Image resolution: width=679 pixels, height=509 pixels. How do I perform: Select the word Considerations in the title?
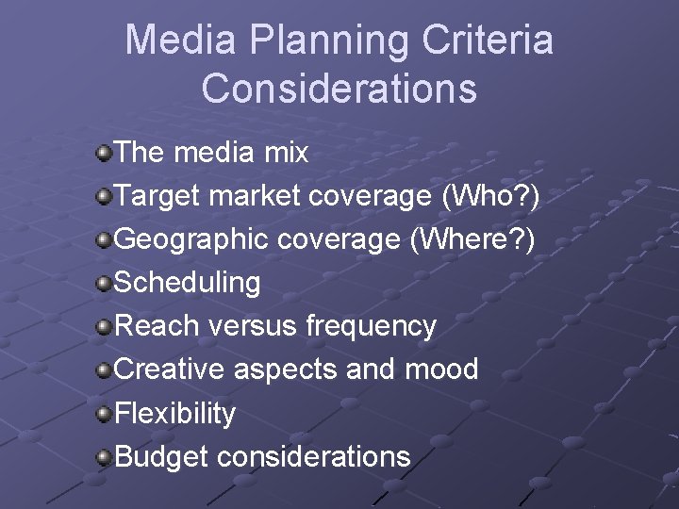click(x=339, y=89)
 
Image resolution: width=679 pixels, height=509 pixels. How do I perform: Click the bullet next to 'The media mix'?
click(x=104, y=152)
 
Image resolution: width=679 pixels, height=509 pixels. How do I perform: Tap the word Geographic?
click(x=191, y=239)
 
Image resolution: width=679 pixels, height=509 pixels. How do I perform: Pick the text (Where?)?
click(x=471, y=239)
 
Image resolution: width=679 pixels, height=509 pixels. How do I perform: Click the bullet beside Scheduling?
click(x=104, y=283)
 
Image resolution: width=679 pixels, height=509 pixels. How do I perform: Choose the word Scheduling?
click(x=187, y=283)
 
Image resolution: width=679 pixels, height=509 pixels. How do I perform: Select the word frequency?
click(x=371, y=327)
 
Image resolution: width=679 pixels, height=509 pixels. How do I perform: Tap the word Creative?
click(x=169, y=369)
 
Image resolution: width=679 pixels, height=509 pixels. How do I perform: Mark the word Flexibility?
click(x=174, y=413)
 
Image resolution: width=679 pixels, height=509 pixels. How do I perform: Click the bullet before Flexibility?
click(x=104, y=413)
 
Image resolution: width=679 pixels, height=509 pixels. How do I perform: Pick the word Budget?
click(x=161, y=457)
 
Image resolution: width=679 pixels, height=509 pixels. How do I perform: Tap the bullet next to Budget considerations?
click(x=104, y=457)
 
